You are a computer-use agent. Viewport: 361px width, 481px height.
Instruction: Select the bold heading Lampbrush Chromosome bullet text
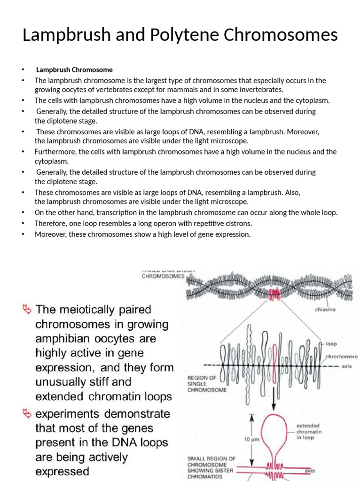[x=74, y=70]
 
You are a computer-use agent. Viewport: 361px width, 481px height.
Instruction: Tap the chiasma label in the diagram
[x=325, y=310]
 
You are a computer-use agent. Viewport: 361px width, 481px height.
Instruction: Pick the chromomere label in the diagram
[x=342, y=357]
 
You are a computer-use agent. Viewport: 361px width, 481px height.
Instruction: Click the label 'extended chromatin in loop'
[x=309, y=432]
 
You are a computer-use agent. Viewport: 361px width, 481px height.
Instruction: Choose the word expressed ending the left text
[x=62, y=471]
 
